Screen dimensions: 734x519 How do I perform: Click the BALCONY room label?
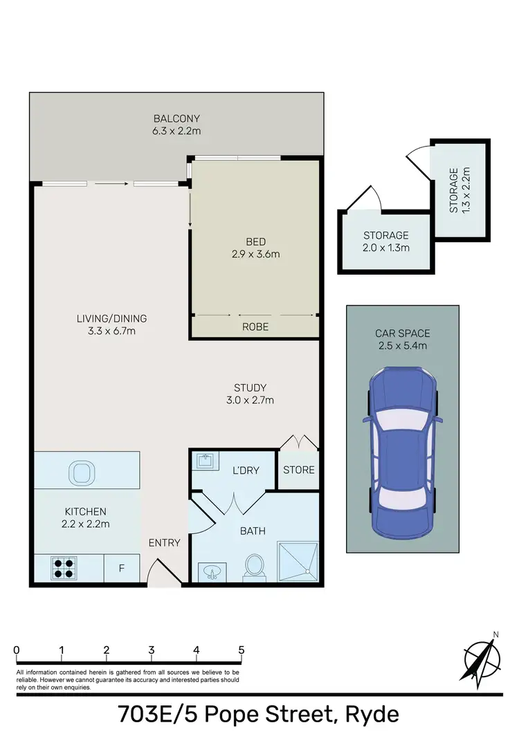click(177, 118)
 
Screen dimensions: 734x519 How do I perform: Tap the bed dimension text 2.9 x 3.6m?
click(256, 254)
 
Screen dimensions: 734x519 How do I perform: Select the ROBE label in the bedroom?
click(255, 327)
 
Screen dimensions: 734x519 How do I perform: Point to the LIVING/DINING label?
click(111, 319)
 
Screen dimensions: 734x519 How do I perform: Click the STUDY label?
click(250, 387)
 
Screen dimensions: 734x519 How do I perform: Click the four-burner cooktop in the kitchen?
click(64, 569)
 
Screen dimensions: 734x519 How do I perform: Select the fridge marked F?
click(122, 569)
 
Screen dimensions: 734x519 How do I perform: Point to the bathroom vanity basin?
click(211, 571)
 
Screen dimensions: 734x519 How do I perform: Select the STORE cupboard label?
click(299, 470)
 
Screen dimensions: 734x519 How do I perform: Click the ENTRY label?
click(164, 542)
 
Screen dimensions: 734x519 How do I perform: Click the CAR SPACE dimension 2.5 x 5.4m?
click(403, 346)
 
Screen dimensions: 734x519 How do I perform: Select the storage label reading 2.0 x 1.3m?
click(386, 247)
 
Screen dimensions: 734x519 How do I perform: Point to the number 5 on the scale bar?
click(241, 650)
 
